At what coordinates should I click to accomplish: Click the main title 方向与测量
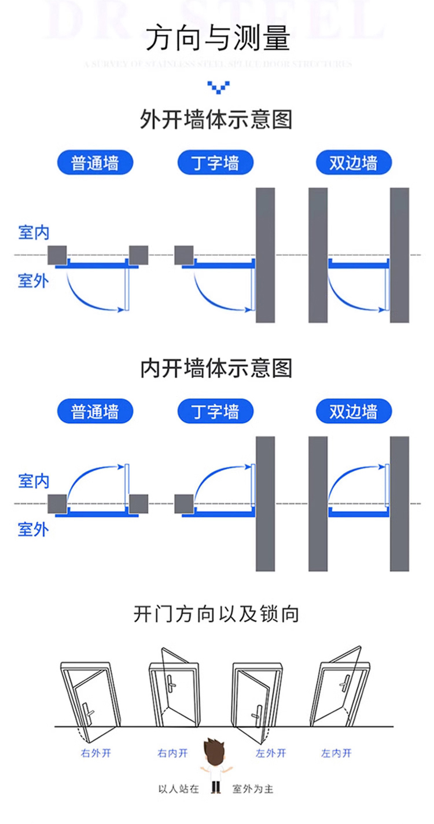tap(217, 39)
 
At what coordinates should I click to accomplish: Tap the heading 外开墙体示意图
tap(216, 119)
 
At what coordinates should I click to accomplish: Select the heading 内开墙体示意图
tap(216, 368)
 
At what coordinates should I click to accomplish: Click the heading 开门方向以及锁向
tap(216, 614)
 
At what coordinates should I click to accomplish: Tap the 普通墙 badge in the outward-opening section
tap(95, 163)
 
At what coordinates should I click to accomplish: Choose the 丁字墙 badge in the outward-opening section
tap(216, 163)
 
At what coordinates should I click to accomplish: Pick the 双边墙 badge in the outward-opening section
tap(354, 163)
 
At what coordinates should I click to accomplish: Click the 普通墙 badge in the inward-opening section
tap(95, 412)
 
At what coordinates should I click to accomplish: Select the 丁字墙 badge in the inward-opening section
tap(216, 412)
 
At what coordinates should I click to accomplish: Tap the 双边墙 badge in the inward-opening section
tap(354, 412)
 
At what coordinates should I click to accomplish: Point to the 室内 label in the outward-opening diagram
tap(34, 233)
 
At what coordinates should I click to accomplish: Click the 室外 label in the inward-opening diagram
tap(34, 529)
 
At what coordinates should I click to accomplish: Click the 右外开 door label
tap(95, 753)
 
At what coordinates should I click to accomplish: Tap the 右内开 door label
tap(172, 753)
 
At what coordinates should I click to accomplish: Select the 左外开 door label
tap(271, 753)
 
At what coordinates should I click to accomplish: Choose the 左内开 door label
tap(336, 753)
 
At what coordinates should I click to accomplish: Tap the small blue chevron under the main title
tap(217, 87)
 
